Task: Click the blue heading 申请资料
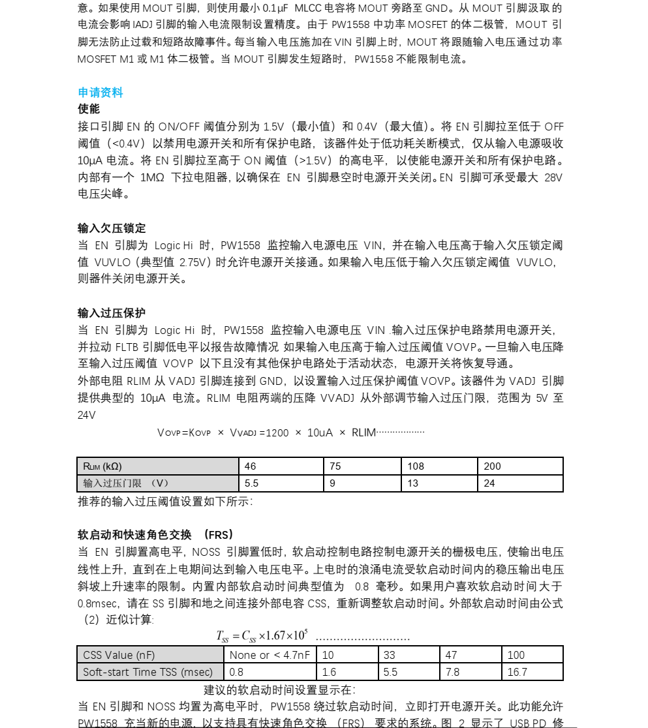pos(100,93)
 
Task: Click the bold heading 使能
pos(89,109)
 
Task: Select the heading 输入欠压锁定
pos(112,228)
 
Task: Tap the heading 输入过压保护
pos(112,313)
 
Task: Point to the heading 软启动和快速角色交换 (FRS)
pos(155,535)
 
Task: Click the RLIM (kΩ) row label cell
pos(158,466)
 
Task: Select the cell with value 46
pos(281,466)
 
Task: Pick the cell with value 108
pos(439,466)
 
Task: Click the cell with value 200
pos(520,466)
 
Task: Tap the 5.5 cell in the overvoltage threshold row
pos(281,483)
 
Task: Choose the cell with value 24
pos(520,483)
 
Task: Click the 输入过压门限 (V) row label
pos(158,483)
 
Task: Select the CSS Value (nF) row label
pos(150,655)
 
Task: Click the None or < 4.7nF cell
pos(270,655)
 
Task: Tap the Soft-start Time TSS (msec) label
pos(150,672)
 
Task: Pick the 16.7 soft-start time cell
pos(532,672)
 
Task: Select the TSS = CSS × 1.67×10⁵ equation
pos(262,636)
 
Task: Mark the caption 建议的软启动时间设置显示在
pos(279,690)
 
